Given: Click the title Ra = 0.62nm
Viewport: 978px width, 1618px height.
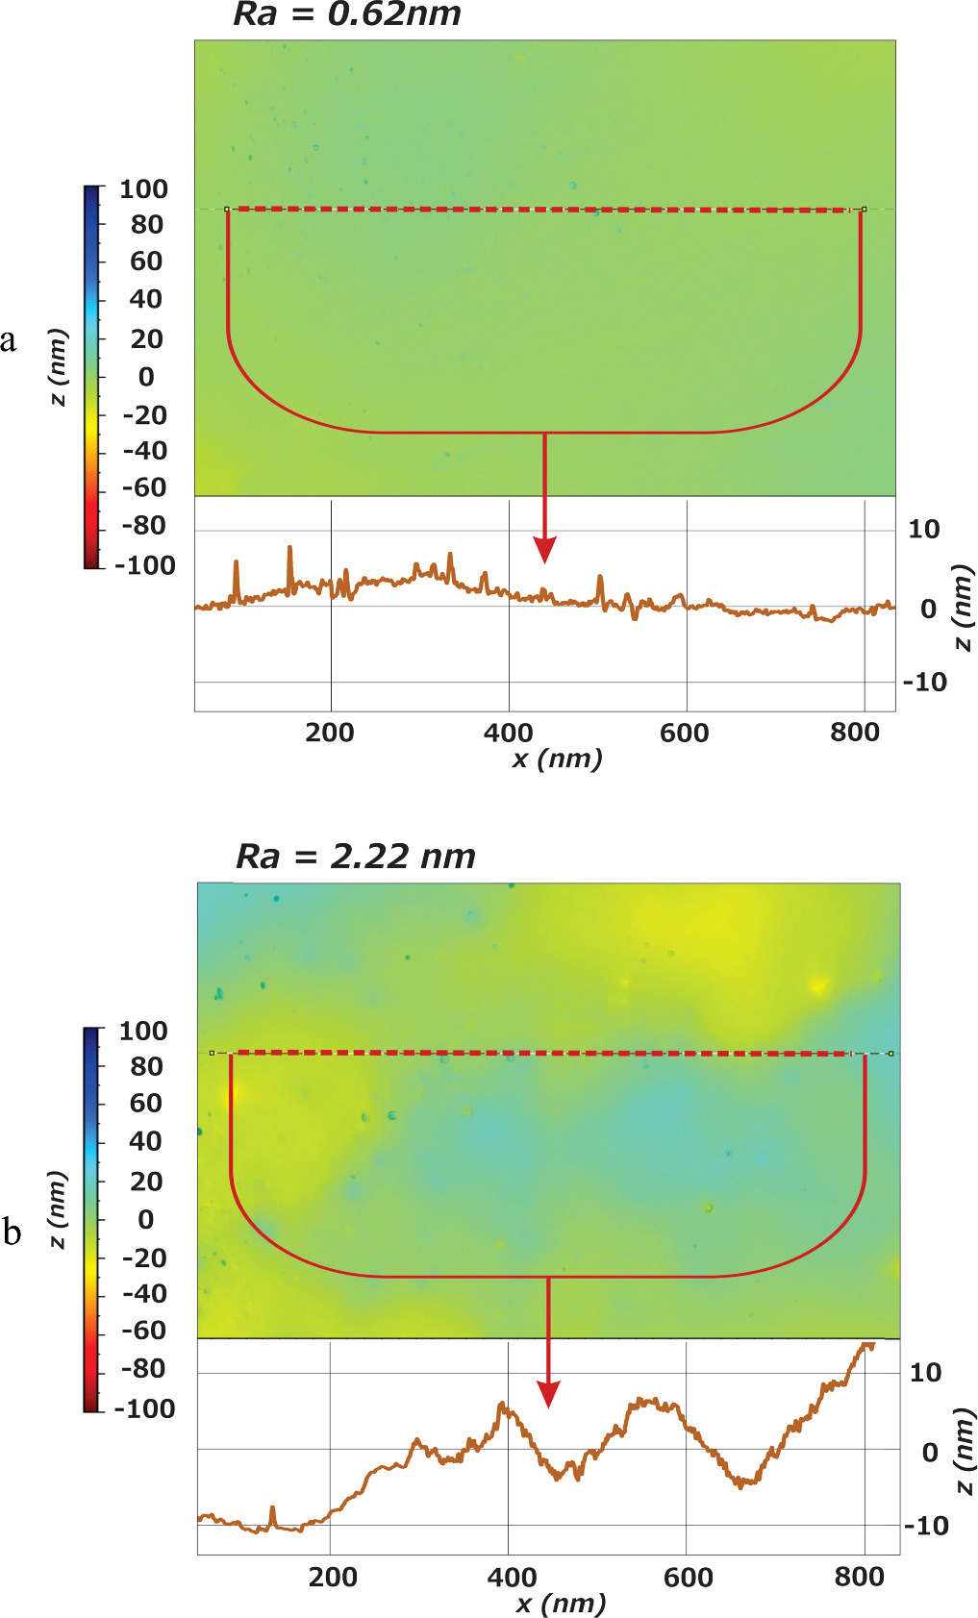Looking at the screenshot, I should click(347, 14).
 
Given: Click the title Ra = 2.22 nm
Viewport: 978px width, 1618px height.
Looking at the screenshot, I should click(356, 856).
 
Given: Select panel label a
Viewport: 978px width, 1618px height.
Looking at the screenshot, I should click(9, 340).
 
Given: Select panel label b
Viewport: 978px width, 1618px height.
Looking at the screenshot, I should click(12, 1232).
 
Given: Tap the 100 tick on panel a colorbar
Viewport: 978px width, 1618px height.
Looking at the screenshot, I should click(143, 189).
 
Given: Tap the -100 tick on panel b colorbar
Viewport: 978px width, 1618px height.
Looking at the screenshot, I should click(144, 1408).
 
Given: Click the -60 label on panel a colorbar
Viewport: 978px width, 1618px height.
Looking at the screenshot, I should click(144, 488).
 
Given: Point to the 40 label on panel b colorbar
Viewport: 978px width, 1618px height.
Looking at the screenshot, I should click(145, 1141).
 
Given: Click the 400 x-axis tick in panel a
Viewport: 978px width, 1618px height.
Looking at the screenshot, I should click(508, 733).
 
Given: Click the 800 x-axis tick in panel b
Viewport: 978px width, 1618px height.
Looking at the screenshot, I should click(858, 1577).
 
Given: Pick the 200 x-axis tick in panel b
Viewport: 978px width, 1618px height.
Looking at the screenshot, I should click(333, 1577).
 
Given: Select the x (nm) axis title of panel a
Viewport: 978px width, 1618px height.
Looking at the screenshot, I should click(558, 759).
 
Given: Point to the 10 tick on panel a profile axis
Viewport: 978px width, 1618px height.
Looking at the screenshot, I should click(923, 529).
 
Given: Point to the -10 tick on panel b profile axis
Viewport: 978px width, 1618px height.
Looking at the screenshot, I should click(925, 1526).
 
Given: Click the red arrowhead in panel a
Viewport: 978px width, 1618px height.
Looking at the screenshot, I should click(545, 551).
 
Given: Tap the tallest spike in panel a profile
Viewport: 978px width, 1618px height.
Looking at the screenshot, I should click(289, 550).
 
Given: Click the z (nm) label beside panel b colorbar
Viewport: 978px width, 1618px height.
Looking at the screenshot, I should click(58, 1209).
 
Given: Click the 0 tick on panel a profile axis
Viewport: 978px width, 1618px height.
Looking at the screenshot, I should click(928, 609).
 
